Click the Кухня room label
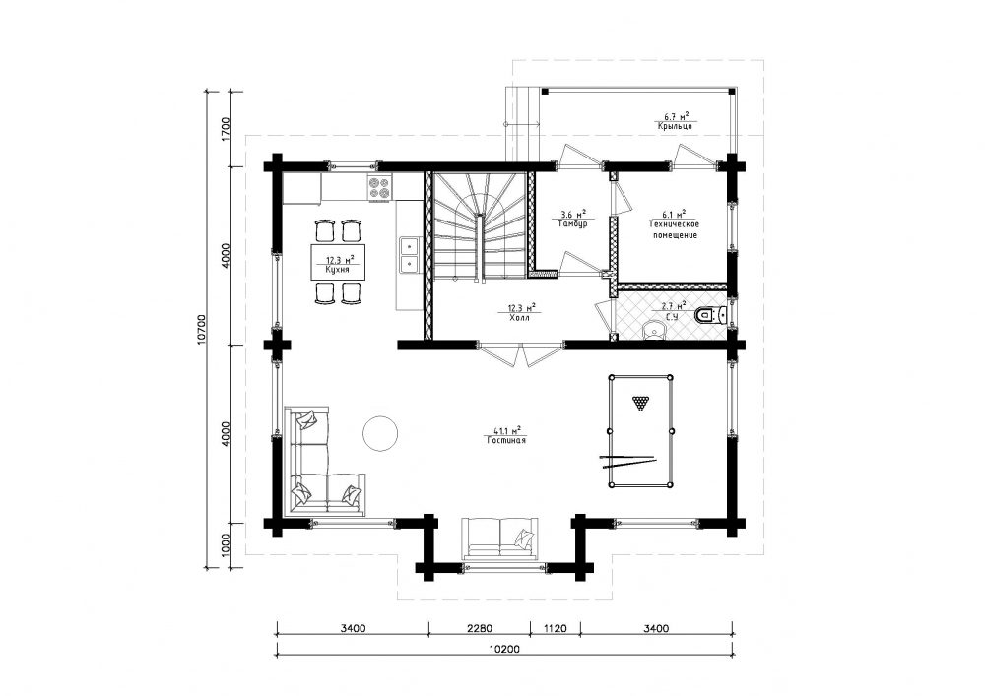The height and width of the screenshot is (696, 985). click(x=337, y=270)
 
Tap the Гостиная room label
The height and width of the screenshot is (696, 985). click(x=506, y=441)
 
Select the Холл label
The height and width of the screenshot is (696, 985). click(x=520, y=318)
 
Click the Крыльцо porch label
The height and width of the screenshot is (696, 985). click(x=676, y=126)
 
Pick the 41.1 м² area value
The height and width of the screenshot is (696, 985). click(x=507, y=430)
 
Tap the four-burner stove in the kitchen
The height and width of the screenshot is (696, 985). click(x=379, y=188)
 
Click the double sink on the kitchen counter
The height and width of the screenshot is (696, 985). click(x=410, y=255)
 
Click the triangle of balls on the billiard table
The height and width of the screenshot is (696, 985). click(x=640, y=403)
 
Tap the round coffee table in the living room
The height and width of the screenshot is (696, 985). click(x=380, y=433)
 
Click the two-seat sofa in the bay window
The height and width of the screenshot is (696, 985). click(x=500, y=538)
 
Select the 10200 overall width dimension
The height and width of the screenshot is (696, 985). click(x=503, y=650)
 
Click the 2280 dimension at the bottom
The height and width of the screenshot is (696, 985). click(x=480, y=628)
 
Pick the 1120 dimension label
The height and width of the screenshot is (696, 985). click(x=555, y=628)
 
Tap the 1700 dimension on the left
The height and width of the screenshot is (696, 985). click(x=227, y=129)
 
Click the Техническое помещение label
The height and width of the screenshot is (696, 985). click(x=674, y=229)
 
